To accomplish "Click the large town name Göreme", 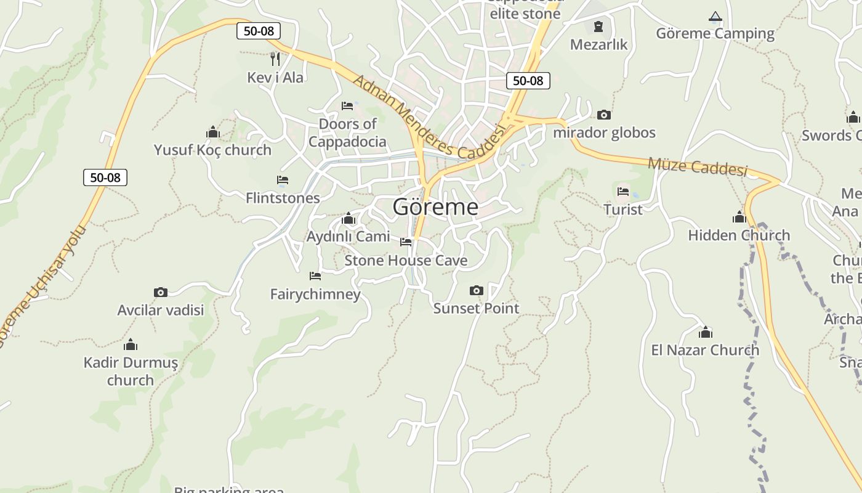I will [x=435, y=206].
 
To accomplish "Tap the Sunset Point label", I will [x=476, y=308].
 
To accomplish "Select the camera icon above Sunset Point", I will [x=476, y=290].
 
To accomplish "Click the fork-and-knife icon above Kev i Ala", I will [x=275, y=59].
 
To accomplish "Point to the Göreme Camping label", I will [x=715, y=33].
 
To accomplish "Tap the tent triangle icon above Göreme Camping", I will [x=715, y=17].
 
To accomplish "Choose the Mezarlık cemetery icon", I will [x=598, y=26].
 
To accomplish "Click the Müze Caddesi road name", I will [x=697, y=166].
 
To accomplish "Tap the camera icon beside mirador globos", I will [x=603, y=115].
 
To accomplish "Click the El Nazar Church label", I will [x=705, y=350].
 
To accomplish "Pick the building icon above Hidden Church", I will [x=739, y=217].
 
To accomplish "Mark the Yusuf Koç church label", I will [x=212, y=150].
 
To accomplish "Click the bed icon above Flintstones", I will [x=283, y=180].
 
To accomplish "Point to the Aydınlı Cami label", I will [x=348, y=236].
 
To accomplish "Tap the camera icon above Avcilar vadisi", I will [x=161, y=292].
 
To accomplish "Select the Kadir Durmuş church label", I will [x=131, y=371].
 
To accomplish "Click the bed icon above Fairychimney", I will [x=315, y=276].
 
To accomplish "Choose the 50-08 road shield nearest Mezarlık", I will [x=528, y=80].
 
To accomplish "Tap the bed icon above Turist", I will [x=623, y=192].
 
